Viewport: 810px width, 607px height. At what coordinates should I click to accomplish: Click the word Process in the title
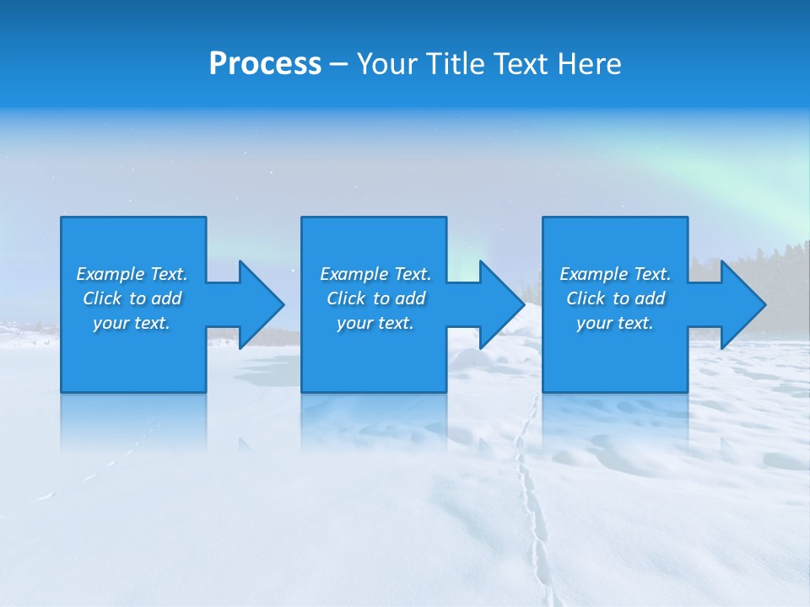click(x=265, y=64)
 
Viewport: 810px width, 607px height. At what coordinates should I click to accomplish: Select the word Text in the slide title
click(x=523, y=64)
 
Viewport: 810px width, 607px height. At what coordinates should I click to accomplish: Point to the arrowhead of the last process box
click(x=742, y=304)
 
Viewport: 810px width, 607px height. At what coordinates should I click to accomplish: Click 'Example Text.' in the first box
click(x=132, y=274)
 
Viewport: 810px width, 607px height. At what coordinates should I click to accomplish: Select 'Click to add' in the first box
click(x=132, y=298)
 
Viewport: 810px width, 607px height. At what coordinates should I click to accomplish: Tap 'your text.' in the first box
click(x=132, y=323)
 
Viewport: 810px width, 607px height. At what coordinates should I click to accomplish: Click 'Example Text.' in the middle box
click(x=375, y=274)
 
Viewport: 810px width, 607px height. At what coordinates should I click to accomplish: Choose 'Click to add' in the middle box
click(x=375, y=298)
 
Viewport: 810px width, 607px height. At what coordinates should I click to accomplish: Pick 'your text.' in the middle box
click(x=375, y=323)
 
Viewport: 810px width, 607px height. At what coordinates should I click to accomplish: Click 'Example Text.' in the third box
click(x=615, y=274)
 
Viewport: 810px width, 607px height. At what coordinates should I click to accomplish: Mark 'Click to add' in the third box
click(x=615, y=298)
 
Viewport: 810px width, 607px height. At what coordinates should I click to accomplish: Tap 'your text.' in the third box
click(x=615, y=323)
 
